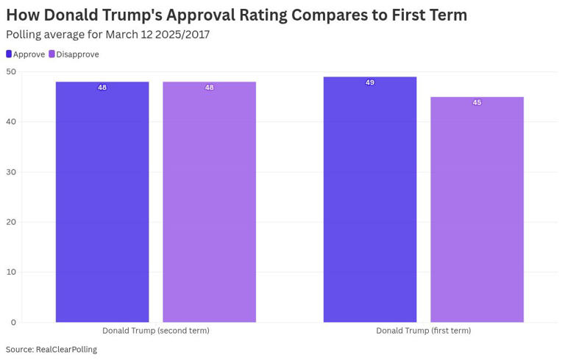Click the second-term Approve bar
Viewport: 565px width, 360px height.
102,202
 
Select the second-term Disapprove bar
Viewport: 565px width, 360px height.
209,202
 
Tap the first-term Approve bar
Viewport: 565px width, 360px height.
369,199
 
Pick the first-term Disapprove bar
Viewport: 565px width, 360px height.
477,209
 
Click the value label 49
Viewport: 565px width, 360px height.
369,82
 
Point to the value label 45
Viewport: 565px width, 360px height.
477,102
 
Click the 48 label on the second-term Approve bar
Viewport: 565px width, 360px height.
102,88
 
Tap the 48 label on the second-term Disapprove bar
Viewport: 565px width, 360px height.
209,88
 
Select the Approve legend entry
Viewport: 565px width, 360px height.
26,54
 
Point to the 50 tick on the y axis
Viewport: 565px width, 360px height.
10,71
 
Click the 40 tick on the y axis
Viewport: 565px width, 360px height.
10,121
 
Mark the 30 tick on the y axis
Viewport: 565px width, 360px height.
10,172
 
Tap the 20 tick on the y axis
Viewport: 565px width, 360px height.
10,222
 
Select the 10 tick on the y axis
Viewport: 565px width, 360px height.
10,272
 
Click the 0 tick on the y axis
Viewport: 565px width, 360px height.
13,322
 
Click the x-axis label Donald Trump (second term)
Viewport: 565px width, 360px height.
155,331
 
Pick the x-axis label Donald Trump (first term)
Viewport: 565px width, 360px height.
423,331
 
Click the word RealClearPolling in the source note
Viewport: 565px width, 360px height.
66,350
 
